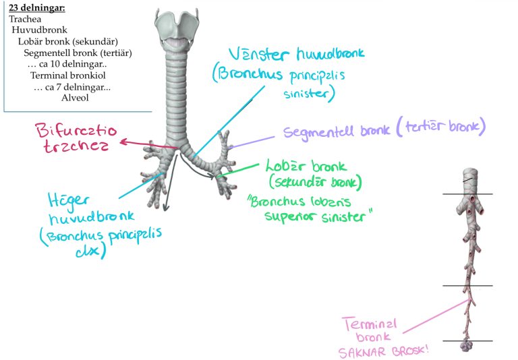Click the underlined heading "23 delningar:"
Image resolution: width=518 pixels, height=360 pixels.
36,9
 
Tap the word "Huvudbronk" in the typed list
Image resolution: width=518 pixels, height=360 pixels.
34,30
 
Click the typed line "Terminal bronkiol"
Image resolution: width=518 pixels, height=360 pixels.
67,75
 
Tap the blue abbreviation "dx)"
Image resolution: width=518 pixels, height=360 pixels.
94,251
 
